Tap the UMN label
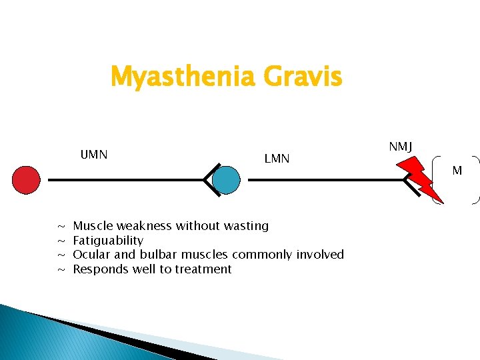click(x=94, y=155)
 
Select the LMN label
click(x=277, y=158)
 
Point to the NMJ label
click(x=400, y=146)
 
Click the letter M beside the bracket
click(x=457, y=171)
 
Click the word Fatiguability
click(x=108, y=240)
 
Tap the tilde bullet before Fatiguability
click(x=61, y=241)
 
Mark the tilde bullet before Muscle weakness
click(x=61, y=227)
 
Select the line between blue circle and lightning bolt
click(x=320, y=180)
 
